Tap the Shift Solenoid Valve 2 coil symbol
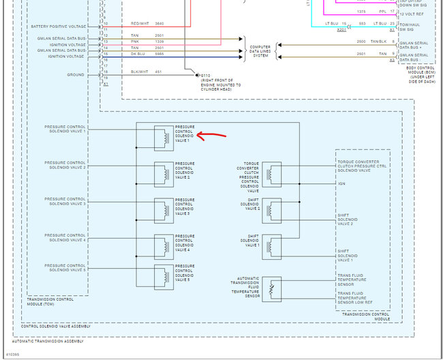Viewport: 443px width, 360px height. [271, 209]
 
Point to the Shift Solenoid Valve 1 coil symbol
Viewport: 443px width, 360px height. [271, 244]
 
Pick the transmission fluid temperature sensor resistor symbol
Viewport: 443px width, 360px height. [271, 288]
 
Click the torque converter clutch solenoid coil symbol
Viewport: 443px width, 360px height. [271, 172]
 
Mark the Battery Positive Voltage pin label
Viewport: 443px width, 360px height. [67, 26]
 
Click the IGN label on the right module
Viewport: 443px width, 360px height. [341, 183]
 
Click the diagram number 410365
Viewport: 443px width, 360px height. [12, 355]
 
